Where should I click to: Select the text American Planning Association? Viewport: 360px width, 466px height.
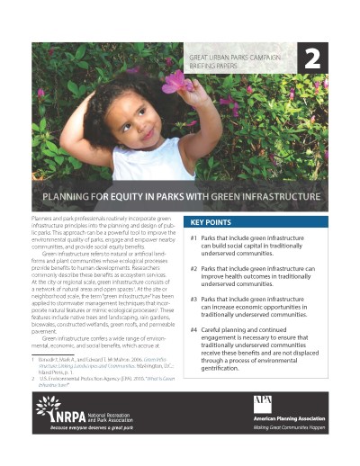[288, 421]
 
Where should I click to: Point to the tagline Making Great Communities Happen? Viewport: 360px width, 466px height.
[288, 431]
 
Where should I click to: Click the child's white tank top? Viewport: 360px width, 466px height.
[135, 163]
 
